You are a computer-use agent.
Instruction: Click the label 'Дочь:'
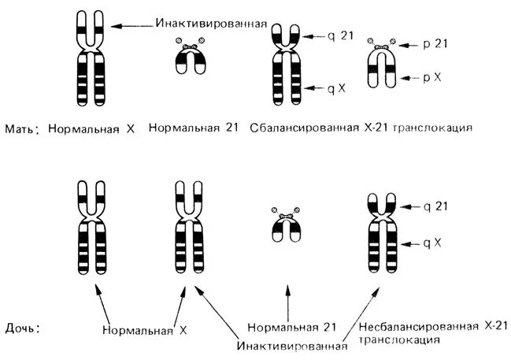[x=22, y=325]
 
